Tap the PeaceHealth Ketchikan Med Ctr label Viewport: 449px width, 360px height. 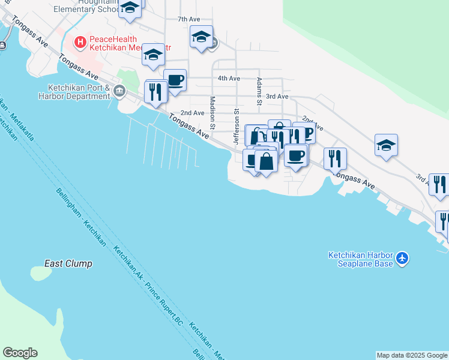129,43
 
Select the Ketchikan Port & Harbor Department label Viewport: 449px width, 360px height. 74,91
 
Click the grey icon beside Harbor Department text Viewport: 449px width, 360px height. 119,91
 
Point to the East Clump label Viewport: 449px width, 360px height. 68,263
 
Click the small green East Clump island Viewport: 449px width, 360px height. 41,273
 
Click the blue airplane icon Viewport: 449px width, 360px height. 402,259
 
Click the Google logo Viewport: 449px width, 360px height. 20,353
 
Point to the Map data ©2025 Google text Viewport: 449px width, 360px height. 412,355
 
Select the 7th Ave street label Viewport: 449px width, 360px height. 188,19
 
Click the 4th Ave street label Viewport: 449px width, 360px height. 229,78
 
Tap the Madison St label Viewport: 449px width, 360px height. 212,112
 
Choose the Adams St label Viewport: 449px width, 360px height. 259,91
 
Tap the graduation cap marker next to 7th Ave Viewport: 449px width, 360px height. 201,37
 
